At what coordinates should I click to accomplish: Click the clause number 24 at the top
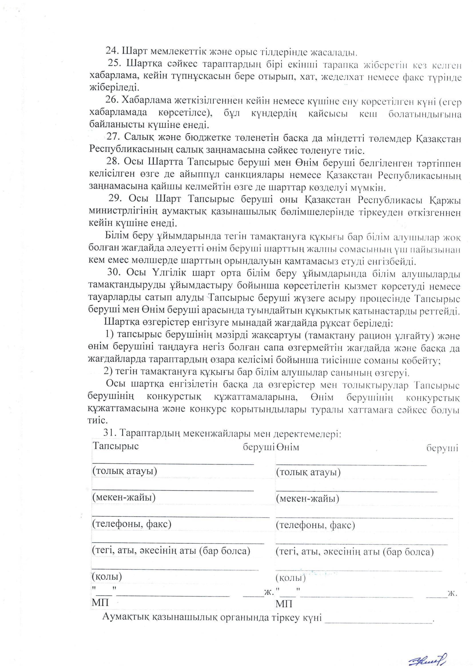point(110,52)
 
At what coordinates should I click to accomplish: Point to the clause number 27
point(112,137)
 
